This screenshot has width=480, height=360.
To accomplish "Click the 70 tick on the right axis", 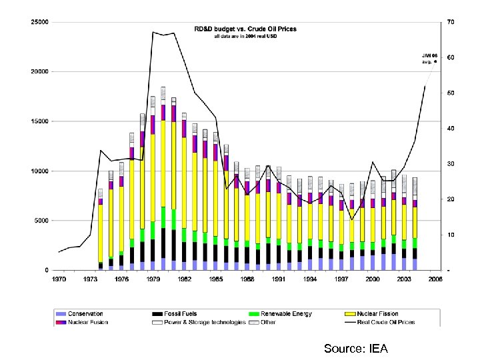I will (x=451, y=22).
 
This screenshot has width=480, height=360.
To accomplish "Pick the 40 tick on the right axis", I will (x=451, y=129).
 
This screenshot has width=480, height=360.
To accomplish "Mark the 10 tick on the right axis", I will (x=451, y=235).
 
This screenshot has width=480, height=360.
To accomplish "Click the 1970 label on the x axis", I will (x=59, y=279).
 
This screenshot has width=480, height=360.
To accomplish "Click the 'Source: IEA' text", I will (x=355, y=349).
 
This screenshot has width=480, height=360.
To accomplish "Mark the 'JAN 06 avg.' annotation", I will (x=429, y=58).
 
